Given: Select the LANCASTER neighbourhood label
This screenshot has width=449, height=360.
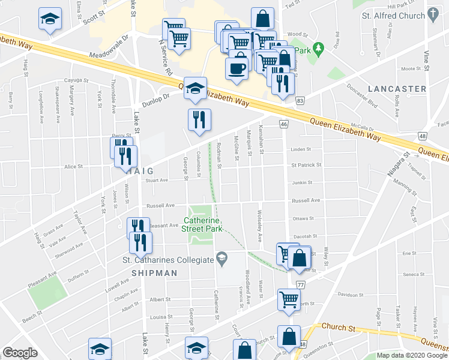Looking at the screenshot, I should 396,89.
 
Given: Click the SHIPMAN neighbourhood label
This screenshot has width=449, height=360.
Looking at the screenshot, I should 155,272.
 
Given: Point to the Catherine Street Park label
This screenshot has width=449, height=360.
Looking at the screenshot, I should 203,224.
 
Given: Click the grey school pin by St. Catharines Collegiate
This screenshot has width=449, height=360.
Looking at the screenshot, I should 222,258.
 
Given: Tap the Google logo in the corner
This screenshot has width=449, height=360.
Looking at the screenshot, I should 20,353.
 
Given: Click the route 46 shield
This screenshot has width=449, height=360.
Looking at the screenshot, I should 284,124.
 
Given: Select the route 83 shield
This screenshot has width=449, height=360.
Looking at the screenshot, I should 300,102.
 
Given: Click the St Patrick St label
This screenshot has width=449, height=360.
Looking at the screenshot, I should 306,164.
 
